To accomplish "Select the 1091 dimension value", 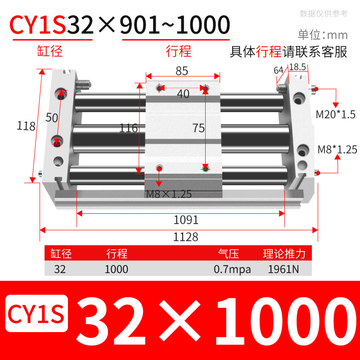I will click(x=186, y=220).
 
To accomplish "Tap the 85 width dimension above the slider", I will click(x=182, y=71).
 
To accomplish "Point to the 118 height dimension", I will click(x=26, y=126).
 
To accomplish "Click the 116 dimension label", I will click(x=128, y=128).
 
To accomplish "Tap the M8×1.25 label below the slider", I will click(x=169, y=194).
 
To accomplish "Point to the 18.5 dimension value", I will click(x=297, y=67).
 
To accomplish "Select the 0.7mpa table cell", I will click(x=232, y=270).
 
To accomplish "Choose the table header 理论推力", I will click(x=284, y=254).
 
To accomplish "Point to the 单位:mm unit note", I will click(x=323, y=35).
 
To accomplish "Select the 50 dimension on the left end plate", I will click(x=52, y=117).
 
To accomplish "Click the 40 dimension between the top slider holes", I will click(x=183, y=94).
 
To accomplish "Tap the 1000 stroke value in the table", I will click(x=116, y=270).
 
